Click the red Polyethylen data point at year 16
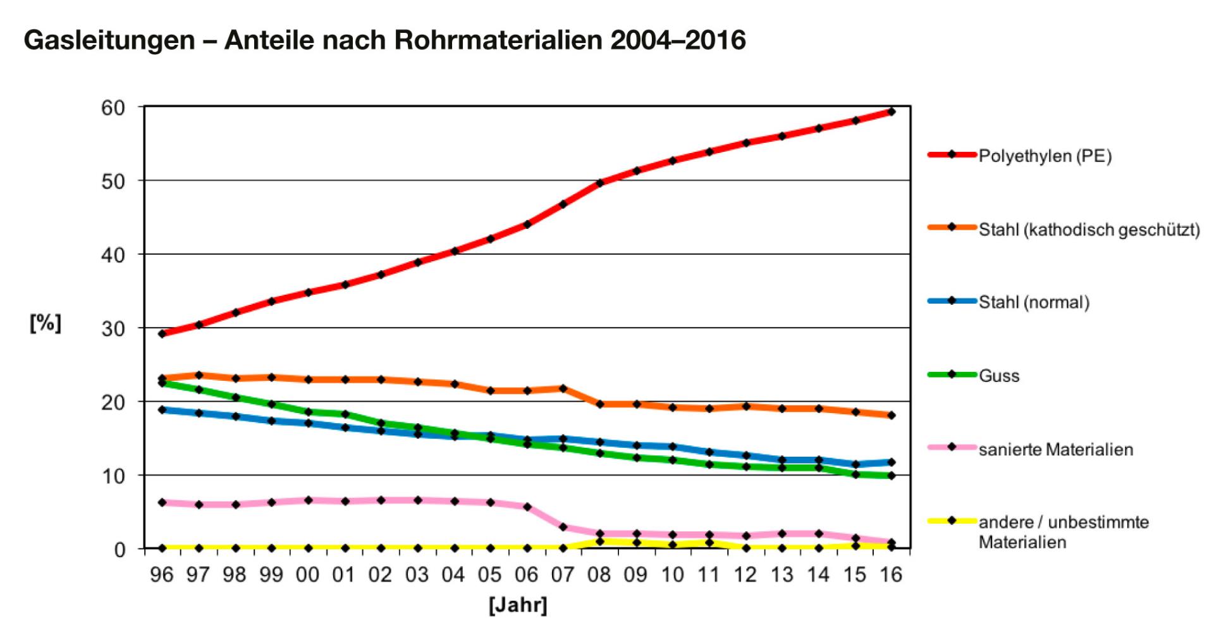tap(892, 112)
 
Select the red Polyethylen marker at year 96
tap(162, 333)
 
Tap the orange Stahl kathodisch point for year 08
tap(600, 404)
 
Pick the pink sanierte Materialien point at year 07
tap(563, 526)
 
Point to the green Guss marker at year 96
tap(162, 383)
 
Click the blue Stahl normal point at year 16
tap(892, 462)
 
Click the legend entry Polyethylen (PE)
tap(1045, 156)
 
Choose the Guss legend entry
tap(999, 376)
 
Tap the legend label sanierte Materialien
tap(1055, 450)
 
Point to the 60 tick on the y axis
tap(113, 108)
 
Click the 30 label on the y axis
tap(113, 328)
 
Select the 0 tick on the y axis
tap(120, 549)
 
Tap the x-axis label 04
tap(453, 574)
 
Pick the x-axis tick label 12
tap(745, 574)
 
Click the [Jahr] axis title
tap(518, 605)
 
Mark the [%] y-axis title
tap(46, 323)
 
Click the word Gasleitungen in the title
tap(109, 40)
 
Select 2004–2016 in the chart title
tap(678, 40)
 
